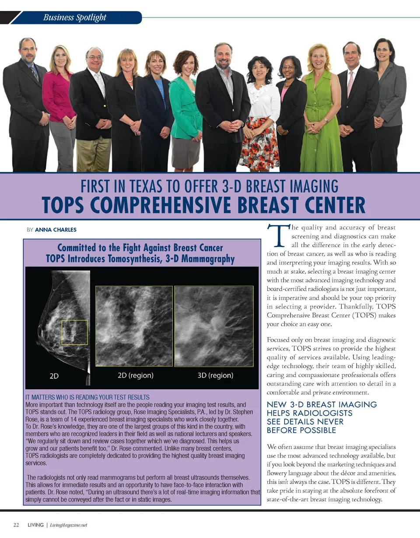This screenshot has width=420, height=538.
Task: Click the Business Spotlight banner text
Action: coord(75,17)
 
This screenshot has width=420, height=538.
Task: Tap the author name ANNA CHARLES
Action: coord(56,229)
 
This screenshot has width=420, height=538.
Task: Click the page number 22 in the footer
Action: coord(16,525)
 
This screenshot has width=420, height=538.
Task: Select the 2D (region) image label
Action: coord(136,375)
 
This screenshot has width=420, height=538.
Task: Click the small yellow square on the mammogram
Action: coord(74,332)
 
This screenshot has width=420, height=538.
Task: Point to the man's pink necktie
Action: coord(350,83)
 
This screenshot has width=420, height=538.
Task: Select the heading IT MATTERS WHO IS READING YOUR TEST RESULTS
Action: coord(87,398)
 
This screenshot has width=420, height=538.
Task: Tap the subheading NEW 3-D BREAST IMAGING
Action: coord(322,405)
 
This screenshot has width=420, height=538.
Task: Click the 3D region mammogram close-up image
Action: coord(214,326)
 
